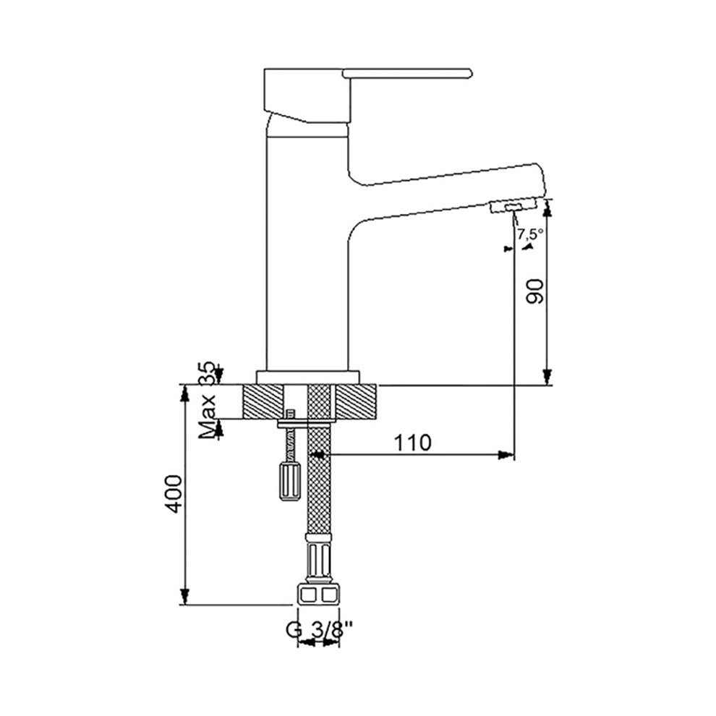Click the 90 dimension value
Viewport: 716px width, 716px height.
[535, 291]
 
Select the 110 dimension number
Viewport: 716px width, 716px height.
[413, 443]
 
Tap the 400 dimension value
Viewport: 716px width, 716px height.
[174, 494]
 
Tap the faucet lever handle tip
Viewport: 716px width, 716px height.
[470, 73]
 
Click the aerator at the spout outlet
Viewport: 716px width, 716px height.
[512, 207]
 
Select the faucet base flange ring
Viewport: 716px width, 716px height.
[308, 378]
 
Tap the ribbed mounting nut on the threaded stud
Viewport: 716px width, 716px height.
[289, 482]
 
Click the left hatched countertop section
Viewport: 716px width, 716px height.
[263, 402]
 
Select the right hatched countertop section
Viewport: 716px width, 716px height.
[356, 402]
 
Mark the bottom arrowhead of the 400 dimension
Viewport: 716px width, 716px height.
[184, 597]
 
